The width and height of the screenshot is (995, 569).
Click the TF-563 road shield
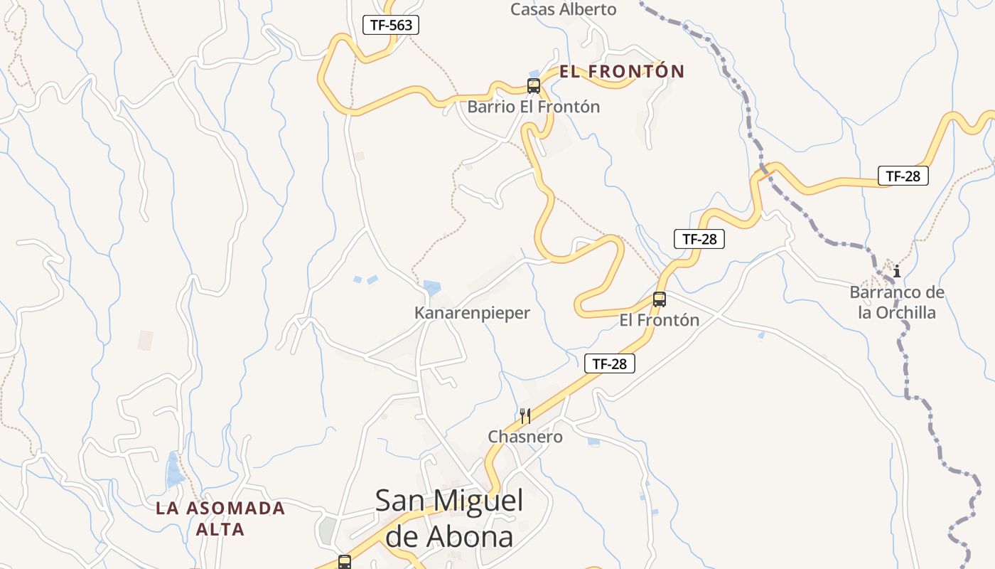pos(391,25)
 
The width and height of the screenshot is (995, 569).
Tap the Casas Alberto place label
pos(564,9)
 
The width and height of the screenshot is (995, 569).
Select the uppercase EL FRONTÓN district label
pos(622,71)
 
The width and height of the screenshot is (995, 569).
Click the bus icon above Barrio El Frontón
pos(534,86)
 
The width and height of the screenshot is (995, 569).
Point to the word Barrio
pos(488,107)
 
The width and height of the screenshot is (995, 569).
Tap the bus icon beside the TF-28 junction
pos(660,299)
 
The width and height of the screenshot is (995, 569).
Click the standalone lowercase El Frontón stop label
pos(660,320)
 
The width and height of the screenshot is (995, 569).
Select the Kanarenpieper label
pos(472,313)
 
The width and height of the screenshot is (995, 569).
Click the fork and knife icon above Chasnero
pos(525,416)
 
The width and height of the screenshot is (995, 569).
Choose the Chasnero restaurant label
pos(525,437)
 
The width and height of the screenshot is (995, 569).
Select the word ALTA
pos(220,530)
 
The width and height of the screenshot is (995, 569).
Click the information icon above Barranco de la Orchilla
pos(897,271)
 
